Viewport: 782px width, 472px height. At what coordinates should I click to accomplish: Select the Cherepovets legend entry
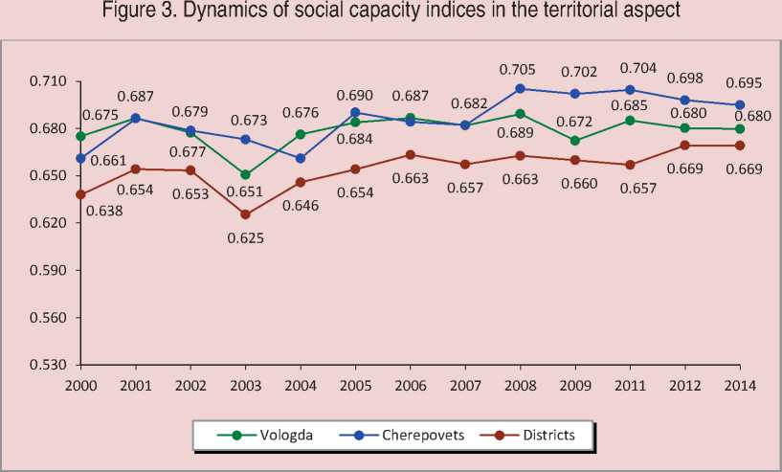click(x=408, y=435)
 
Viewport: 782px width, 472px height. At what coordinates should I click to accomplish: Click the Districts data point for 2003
click(x=245, y=214)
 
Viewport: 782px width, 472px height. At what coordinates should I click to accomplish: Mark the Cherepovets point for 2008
click(x=520, y=88)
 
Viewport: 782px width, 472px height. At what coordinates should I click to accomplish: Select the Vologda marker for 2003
click(x=245, y=174)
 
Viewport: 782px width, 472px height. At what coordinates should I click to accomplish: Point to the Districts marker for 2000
click(x=80, y=194)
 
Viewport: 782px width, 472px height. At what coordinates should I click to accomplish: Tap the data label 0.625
click(x=244, y=237)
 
